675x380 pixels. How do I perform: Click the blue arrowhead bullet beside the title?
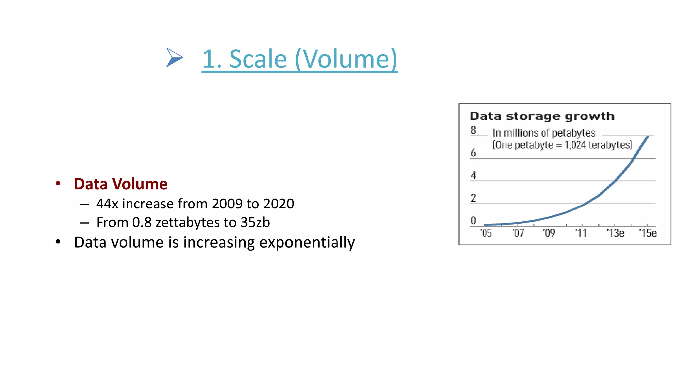pos(174,58)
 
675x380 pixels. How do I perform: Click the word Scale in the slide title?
pos(258,59)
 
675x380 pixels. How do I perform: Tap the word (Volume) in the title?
pos(346,59)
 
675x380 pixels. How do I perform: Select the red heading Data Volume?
pos(121,184)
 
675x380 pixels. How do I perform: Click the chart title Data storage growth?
pos(542,116)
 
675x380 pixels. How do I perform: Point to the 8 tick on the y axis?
pos(473,130)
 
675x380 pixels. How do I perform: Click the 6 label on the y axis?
pos(473,153)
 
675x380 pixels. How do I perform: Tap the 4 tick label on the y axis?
pos(473,175)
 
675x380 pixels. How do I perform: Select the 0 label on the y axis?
pos(473,220)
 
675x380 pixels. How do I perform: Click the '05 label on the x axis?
pos(486,233)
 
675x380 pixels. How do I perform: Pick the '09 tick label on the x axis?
pos(549,233)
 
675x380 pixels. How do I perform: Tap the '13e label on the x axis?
pos(615,233)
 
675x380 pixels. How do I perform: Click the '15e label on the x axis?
pos(648,233)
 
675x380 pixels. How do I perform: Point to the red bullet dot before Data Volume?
pos(58,184)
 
